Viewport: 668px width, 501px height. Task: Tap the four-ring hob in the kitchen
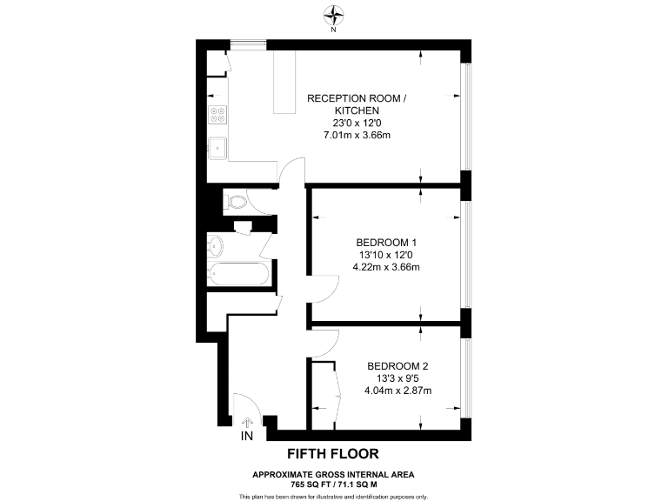[x=217, y=116]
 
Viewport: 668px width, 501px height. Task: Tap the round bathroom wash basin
[x=216, y=244]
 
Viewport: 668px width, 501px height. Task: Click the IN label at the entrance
[x=247, y=434]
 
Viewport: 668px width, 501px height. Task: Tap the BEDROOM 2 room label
[x=397, y=365]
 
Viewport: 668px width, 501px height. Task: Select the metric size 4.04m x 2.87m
[x=397, y=391]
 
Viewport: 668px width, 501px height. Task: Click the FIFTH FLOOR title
[x=333, y=454]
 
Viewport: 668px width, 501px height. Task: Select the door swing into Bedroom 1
[x=324, y=287]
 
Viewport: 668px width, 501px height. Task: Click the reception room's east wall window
[x=467, y=117]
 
